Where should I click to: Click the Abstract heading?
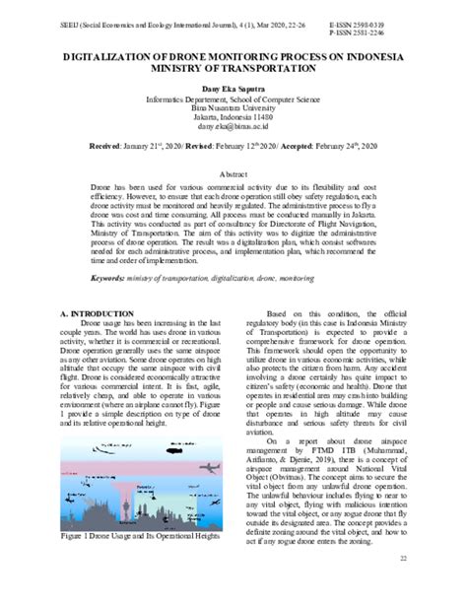(x=233, y=170)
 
